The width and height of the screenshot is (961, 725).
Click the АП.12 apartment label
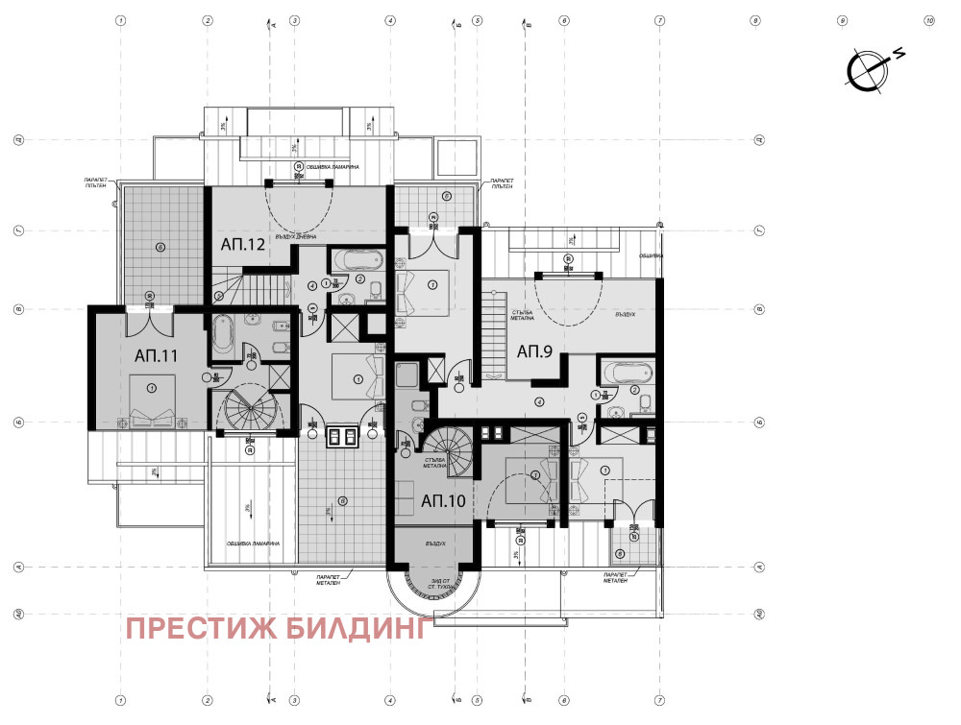click(242, 245)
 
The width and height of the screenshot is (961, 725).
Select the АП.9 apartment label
click(535, 351)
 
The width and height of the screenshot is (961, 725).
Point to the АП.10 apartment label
click(443, 500)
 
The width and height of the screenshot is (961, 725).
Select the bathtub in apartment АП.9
click(627, 371)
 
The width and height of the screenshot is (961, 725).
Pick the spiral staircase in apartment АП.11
click(249, 413)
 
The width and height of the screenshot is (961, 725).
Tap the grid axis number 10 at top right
click(928, 19)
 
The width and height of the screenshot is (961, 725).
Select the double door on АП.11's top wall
click(150, 314)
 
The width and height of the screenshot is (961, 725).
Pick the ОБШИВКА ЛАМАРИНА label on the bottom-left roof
click(253, 544)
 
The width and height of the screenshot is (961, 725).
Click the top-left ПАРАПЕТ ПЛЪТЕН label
click(95, 182)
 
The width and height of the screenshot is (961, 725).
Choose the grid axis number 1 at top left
click(120, 19)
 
